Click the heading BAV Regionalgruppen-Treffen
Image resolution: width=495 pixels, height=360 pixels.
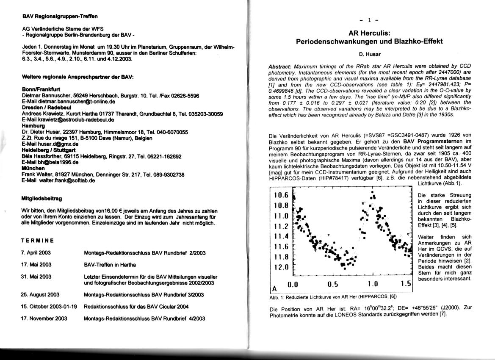pos(60,17)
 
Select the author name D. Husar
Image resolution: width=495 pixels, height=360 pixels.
pos(369,54)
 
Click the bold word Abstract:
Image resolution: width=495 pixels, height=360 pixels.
pos(279,67)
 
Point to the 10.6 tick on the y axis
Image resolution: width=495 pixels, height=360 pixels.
pos(281,195)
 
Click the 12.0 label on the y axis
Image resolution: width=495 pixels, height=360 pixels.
pos(281,268)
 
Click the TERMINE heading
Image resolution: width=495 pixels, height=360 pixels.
pos(37,241)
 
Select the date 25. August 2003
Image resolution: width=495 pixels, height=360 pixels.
pos(40,295)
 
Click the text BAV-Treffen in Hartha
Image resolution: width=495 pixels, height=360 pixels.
pos(110,265)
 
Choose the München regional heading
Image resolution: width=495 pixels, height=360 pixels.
pos(32,168)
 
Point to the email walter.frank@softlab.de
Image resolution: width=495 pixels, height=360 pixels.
pos(58,180)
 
